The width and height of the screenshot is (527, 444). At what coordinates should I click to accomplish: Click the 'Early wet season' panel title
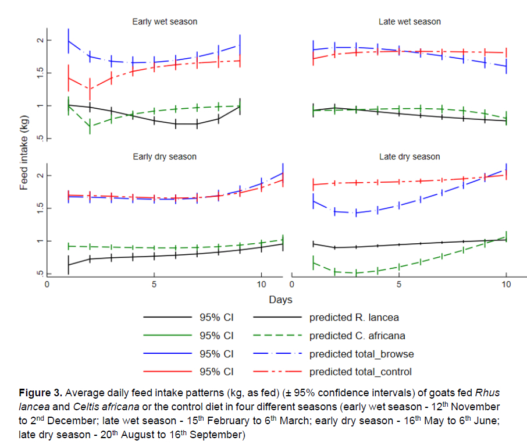coord(165,22)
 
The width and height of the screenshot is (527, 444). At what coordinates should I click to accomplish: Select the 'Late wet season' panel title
coord(410,22)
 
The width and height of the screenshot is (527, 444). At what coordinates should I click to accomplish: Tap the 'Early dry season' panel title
coord(165,157)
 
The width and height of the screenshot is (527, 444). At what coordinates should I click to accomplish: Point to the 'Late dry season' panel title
coord(410,157)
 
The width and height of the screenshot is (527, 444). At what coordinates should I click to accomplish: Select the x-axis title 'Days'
coord(280,300)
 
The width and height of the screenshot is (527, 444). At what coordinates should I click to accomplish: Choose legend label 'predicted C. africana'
coord(357,336)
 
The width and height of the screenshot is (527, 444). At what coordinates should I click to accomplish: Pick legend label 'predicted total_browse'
coord(361,354)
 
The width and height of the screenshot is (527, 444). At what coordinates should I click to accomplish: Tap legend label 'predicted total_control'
coord(361,372)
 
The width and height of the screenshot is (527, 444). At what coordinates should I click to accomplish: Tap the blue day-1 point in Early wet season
coord(69,41)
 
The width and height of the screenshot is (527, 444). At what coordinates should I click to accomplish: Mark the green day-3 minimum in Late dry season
coord(355,272)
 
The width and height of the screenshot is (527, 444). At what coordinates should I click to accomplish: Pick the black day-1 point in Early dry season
coord(69,265)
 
